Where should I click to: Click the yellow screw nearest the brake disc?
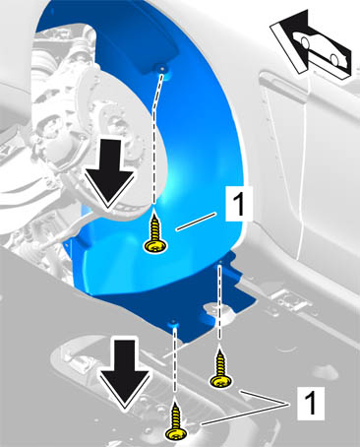(155, 233)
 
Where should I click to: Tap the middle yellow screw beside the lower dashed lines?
(220, 369)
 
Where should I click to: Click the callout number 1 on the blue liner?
(239, 203)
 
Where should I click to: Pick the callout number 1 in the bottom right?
(310, 403)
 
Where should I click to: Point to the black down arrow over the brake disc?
(109, 174)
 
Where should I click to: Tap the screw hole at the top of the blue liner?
(162, 68)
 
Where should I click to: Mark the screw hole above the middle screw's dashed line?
(220, 262)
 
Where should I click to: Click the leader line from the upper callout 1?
(196, 222)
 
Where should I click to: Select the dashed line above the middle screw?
(219, 306)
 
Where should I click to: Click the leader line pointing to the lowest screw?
(246, 415)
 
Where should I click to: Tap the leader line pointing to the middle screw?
(266, 398)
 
